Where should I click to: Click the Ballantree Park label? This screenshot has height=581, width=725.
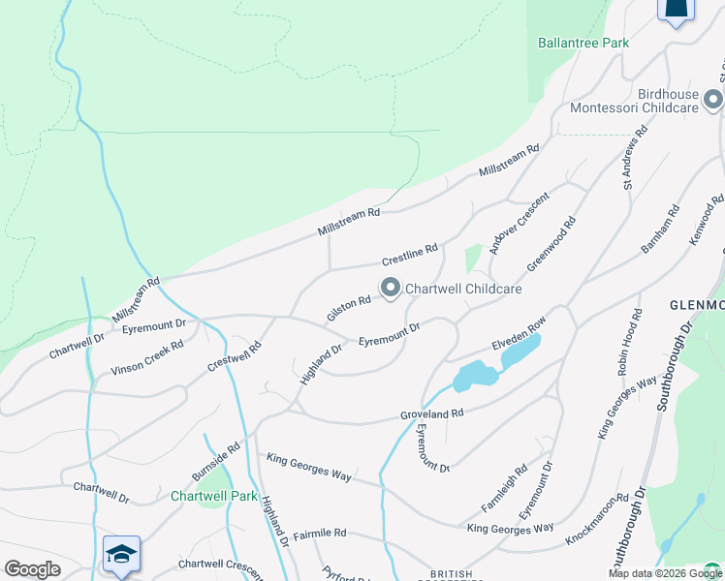[x=583, y=43]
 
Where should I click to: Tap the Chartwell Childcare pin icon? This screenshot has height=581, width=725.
[x=391, y=288]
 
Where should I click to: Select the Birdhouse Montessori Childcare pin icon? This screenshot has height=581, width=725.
[x=713, y=100]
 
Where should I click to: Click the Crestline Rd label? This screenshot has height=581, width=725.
[x=410, y=255]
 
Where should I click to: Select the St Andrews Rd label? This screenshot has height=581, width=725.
[x=634, y=156]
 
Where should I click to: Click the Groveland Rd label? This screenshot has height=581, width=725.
[x=432, y=413]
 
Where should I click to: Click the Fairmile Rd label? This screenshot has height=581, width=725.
[x=320, y=533]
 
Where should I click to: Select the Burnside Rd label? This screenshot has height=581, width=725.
[x=215, y=463]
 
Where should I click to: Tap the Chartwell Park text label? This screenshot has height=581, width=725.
[x=214, y=497]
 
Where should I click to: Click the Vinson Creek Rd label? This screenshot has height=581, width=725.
[x=146, y=356]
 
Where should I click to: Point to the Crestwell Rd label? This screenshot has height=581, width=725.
[x=235, y=356]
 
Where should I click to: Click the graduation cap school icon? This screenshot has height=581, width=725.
[x=122, y=553]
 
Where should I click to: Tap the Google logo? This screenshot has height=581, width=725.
[x=32, y=569]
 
